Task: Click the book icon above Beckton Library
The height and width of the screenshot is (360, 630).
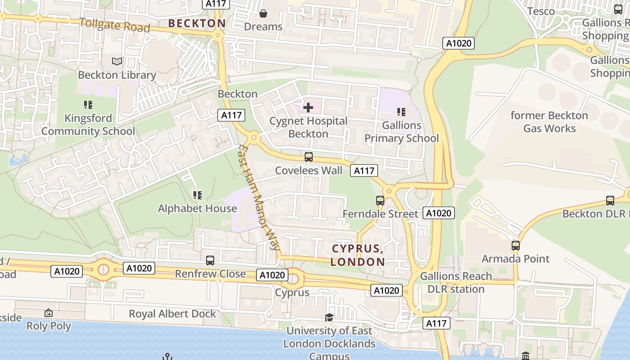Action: tap(117, 61)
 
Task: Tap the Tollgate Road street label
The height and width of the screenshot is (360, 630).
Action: tap(114, 25)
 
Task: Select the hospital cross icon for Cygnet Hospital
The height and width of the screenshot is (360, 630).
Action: tap(308, 108)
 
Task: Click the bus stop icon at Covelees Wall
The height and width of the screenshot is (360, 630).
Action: tap(309, 157)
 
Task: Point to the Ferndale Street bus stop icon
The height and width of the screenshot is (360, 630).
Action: tap(380, 200)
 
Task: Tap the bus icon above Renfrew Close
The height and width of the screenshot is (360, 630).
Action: tap(210, 260)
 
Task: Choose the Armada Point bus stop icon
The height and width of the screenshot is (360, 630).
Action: tap(516, 246)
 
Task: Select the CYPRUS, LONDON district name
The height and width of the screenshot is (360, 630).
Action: tap(358, 255)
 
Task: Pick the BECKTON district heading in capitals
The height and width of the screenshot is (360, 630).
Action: tap(197, 23)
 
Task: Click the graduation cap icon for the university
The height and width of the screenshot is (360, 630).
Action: tap(329, 317)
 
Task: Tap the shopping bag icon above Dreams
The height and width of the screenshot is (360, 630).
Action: tap(263, 13)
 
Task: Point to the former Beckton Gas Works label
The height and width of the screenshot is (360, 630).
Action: tap(549, 122)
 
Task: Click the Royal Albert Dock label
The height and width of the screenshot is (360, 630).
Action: tap(173, 314)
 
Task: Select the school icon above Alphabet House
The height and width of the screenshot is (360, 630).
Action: tap(197, 195)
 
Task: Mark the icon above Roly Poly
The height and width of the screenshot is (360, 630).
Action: tap(49, 313)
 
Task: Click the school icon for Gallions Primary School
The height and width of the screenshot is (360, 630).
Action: tap(401, 112)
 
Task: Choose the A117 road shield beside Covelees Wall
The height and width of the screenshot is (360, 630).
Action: tap(364, 171)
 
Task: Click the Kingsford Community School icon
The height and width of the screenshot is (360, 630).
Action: tap(88, 105)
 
